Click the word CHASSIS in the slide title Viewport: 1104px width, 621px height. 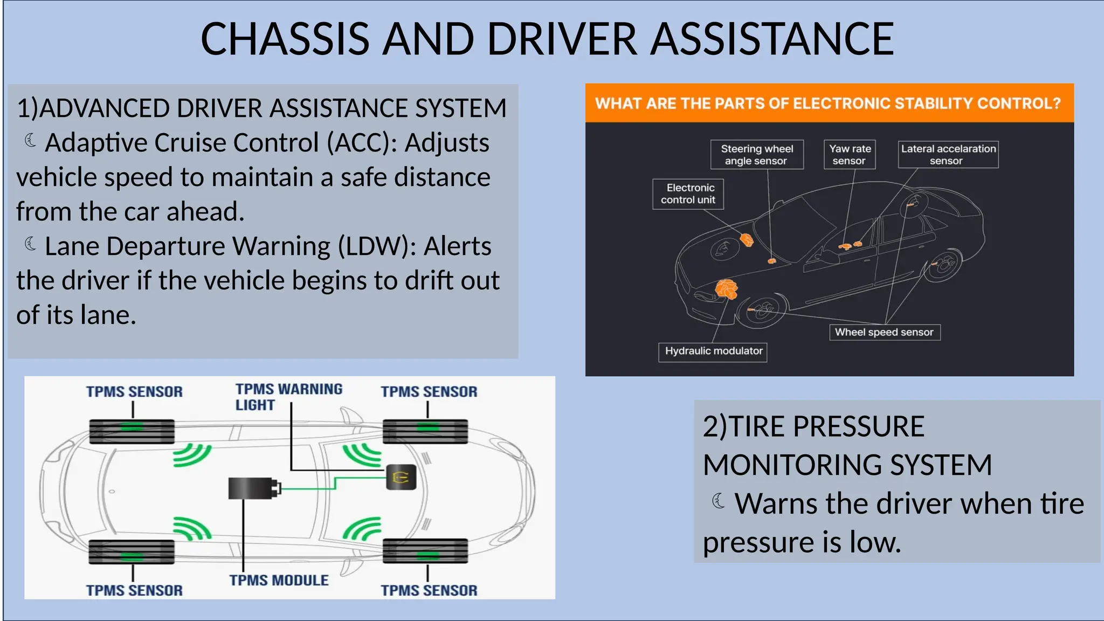click(285, 39)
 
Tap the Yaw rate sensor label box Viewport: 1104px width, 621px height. click(850, 155)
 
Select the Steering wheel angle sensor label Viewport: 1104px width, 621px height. click(757, 155)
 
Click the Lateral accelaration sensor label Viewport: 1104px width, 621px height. click(948, 155)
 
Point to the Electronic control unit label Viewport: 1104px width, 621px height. click(688, 194)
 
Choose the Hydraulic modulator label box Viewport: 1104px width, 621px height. click(713, 351)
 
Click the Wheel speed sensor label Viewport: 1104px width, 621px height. click(884, 333)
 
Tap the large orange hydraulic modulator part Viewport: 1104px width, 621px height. click(726, 289)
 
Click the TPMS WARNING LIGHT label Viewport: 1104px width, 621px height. click(288, 397)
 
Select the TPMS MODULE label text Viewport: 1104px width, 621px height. click(279, 581)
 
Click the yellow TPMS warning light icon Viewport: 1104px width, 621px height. click(401, 477)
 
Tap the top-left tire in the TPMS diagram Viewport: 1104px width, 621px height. click(132, 431)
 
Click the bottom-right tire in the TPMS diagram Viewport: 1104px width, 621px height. click(425, 551)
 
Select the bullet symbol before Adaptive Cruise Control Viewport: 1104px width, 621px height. click(31, 141)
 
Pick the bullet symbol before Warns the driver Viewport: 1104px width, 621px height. click(719, 501)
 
